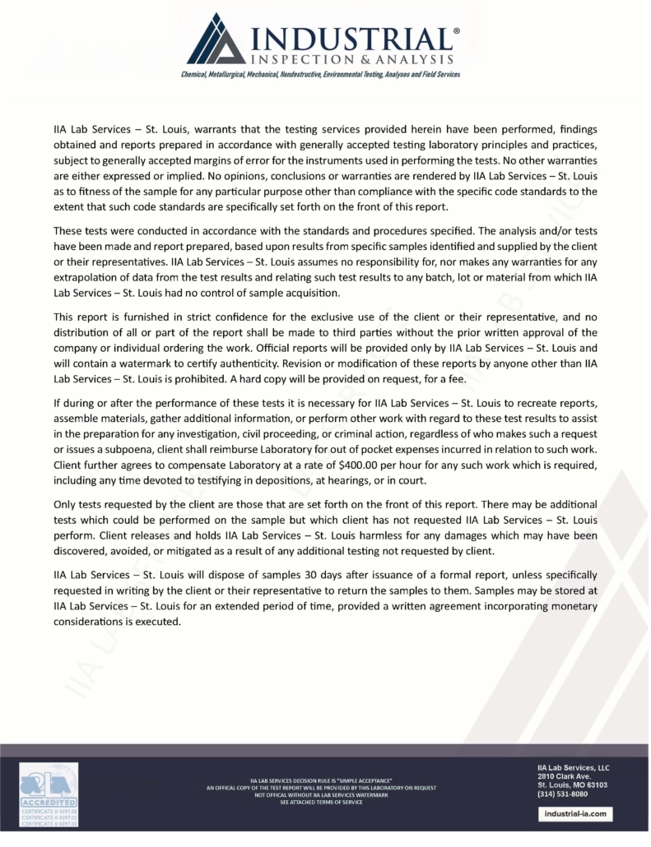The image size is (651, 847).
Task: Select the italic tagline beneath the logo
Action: click(321, 74)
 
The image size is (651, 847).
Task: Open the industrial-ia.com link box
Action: click(575, 813)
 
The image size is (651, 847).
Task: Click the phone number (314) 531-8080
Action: click(562, 794)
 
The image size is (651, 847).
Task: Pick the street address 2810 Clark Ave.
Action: click(564, 775)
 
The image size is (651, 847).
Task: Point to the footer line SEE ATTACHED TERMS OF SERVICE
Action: click(321, 801)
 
